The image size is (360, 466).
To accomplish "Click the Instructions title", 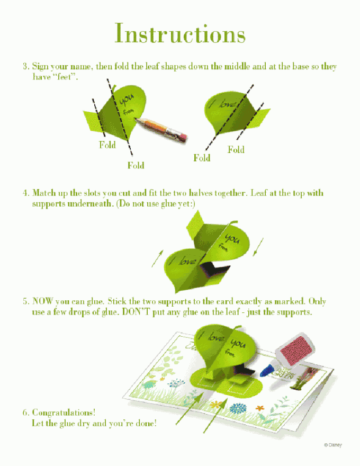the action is tap(180, 33).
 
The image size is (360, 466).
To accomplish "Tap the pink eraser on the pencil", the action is tap(182, 138).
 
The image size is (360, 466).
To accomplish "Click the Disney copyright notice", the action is tap(332, 445).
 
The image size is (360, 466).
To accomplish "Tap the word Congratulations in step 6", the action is tap(64, 413).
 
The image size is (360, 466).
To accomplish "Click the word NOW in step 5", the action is tap(43, 301).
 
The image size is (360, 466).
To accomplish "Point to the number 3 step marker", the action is tap(26, 66).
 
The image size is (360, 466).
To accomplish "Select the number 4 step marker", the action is tap(26, 193).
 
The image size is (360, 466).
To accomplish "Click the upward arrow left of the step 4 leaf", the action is tap(157, 258).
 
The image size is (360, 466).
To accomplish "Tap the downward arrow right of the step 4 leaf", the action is tap(258, 247).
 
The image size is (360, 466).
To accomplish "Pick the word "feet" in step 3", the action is tap(64, 77).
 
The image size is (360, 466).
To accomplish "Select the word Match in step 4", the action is tap(43, 193).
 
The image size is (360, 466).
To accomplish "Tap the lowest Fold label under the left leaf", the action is tap(136, 165).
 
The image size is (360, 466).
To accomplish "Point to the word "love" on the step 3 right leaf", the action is tap(227, 104).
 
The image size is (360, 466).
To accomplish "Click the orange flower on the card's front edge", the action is tap(260, 408).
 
